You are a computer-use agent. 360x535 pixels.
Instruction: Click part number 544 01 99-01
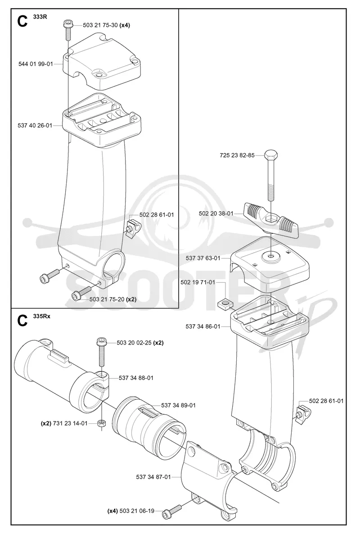click(36, 64)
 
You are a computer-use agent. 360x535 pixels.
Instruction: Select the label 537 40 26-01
click(35, 126)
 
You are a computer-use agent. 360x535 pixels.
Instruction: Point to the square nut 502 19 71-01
click(224, 302)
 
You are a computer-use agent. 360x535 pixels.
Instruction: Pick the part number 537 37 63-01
click(203, 258)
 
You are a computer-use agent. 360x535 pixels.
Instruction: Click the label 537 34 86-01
click(203, 326)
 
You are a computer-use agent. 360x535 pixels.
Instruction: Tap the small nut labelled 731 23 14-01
click(101, 423)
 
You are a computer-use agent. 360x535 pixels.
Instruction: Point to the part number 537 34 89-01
click(178, 405)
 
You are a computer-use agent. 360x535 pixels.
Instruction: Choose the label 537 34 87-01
click(153, 477)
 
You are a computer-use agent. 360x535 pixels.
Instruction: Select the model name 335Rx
click(41, 316)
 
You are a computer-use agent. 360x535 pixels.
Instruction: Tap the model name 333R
click(40, 17)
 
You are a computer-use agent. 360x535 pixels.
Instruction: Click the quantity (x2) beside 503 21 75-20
click(131, 299)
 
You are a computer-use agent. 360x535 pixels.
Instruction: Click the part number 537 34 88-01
click(136, 378)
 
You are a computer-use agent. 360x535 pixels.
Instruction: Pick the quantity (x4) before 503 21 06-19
click(112, 511)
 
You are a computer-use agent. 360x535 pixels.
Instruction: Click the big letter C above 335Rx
click(22, 321)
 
